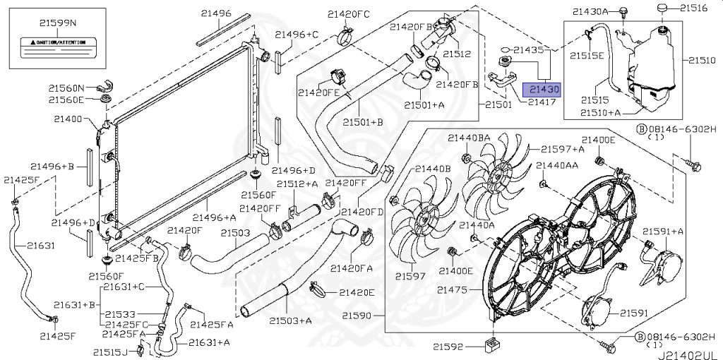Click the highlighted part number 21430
pyautogui.click(x=541, y=90)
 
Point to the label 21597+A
pyautogui.click(x=562, y=149)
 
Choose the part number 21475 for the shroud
pyautogui.click(x=452, y=290)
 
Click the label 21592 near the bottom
pyautogui.click(x=448, y=347)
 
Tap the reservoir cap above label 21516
pyautogui.click(x=662, y=8)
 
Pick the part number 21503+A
pyautogui.click(x=290, y=321)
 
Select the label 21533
pyautogui.click(x=121, y=314)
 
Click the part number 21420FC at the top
pyautogui.click(x=348, y=13)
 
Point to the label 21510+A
pyautogui.click(x=600, y=112)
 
